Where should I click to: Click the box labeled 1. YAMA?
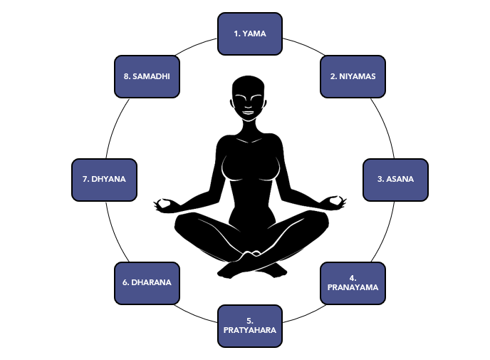249,34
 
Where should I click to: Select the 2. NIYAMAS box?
353,76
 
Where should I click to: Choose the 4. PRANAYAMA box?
353,283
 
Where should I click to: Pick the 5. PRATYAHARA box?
249,326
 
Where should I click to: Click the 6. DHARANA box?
147,283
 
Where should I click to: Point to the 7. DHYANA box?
104,179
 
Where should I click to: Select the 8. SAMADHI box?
147,76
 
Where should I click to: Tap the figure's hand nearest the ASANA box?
332,202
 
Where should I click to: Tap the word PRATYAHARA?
249,331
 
